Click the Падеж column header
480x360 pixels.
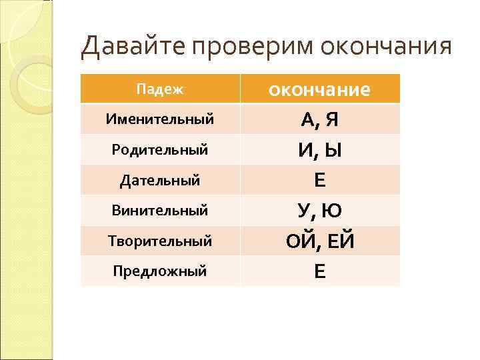(x=159, y=89)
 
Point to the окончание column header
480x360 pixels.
(x=319, y=89)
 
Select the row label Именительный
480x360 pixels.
(x=160, y=119)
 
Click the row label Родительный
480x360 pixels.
(x=160, y=150)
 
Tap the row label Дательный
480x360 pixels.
(x=160, y=180)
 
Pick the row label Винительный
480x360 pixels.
(x=160, y=211)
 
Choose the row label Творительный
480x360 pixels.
(x=160, y=241)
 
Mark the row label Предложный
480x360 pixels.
(x=160, y=271)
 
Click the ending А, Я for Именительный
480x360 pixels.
(x=320, y=120)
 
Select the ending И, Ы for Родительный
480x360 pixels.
(x=320, y=151)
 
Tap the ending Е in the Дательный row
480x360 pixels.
(x=320, y=181)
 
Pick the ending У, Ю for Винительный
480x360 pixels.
(x=320, y=211)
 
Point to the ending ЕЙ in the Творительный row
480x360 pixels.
(x=339, y=241)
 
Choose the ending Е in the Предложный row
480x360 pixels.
(x=320, y=272)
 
